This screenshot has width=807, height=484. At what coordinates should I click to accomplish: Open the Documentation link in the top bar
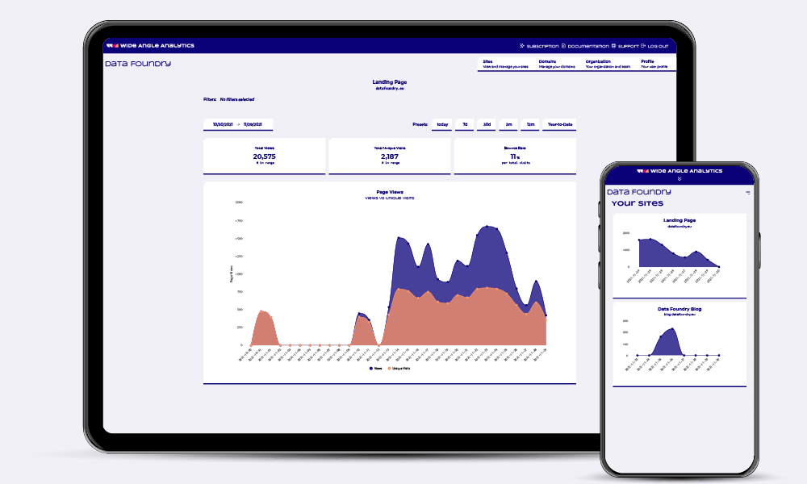tap(584, 46)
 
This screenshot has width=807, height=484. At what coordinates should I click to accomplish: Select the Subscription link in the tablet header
tap(539, 46)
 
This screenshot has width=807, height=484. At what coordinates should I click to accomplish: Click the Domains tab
tap(557, 64)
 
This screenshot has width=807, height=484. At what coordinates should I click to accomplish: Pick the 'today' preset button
tap(442, 125)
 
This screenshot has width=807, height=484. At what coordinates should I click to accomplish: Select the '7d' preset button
tap(465, 125)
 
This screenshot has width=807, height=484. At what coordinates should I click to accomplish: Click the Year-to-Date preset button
tap(559, 125)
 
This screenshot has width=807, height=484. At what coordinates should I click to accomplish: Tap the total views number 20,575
tap(264, 156)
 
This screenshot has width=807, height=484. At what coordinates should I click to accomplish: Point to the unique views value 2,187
tap(390, 156)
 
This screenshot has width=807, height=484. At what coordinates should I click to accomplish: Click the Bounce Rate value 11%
tap(514, 156)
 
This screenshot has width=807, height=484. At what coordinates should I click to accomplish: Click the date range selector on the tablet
tap(238, 125)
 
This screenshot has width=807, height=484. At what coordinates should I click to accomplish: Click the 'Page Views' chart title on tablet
tap(389, 192)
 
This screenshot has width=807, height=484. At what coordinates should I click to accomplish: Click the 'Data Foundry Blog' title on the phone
tap(679, 309)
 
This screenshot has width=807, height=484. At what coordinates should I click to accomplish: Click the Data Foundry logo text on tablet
tap(138, 64)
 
